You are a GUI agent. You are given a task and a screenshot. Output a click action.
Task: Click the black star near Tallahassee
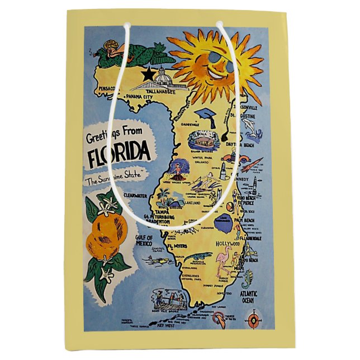point(149,73)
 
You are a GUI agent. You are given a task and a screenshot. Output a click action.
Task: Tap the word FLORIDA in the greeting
point(119,151)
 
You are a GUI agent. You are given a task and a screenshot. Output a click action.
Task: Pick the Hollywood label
point(228,244)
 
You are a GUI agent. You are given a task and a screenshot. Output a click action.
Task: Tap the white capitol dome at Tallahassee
point(163,76)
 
